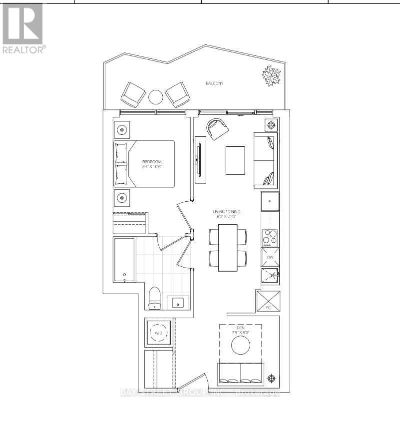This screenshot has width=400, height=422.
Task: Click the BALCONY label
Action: [214, 83]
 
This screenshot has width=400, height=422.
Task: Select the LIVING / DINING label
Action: [225, 214]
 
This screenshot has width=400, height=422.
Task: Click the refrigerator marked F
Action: [270, 202]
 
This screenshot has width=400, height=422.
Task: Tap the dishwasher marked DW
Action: [270, 257]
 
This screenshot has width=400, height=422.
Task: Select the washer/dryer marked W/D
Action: [158, 333]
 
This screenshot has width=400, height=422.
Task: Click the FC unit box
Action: [269, 302]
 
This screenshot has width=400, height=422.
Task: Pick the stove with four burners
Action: [270, 238]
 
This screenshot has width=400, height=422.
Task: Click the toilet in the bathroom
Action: [154, 299]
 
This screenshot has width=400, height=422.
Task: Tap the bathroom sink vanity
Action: [177, 303]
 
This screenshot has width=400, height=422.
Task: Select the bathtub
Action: [124, 260]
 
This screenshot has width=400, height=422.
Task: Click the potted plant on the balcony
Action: [272, 76]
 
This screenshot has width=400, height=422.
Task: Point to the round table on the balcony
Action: [156, 96]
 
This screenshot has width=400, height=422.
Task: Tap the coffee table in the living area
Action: [235, 160]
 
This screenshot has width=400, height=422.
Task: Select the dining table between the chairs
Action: [228, 248]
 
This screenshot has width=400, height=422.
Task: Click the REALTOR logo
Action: [23, 27]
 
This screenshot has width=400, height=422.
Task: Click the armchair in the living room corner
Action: [218, 129]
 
